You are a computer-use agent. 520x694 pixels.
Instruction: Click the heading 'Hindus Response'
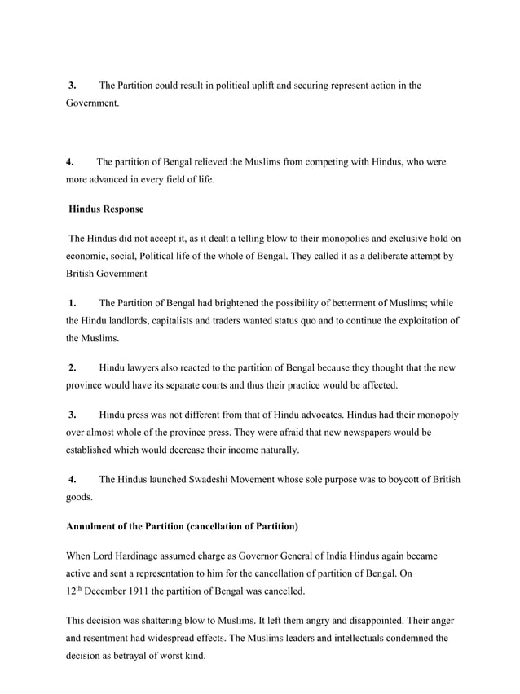coord(106,209)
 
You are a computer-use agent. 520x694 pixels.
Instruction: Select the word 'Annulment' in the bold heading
coord(96,526)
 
